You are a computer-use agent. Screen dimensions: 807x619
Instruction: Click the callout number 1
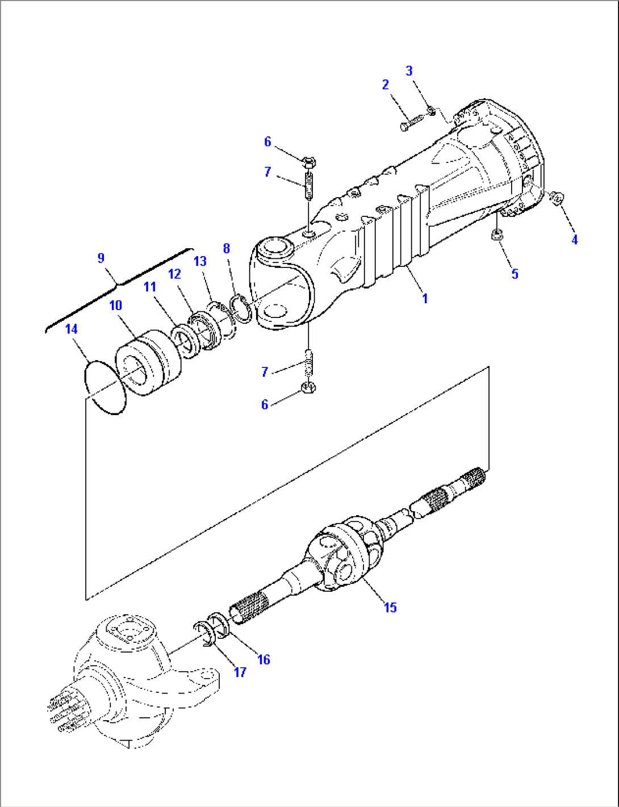tap(425, 298)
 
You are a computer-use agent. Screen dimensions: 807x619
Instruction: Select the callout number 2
tap(386, 85)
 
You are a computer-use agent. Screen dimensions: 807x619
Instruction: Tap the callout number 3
tap(409, 71)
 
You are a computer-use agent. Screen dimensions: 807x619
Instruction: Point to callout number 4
tap(574, 240)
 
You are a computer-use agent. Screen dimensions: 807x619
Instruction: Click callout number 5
tap(515, 274)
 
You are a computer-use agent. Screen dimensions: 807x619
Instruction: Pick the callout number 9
tap(101, 258)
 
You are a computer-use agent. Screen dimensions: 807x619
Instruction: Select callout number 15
tap(390, 607)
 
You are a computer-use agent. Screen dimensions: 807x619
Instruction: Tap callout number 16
tap(264, 659)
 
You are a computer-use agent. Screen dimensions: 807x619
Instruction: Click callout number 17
tap(240, 672)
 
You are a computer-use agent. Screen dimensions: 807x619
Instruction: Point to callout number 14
tap(71, 329)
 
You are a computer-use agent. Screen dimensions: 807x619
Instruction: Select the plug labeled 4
tap(557, 198)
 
